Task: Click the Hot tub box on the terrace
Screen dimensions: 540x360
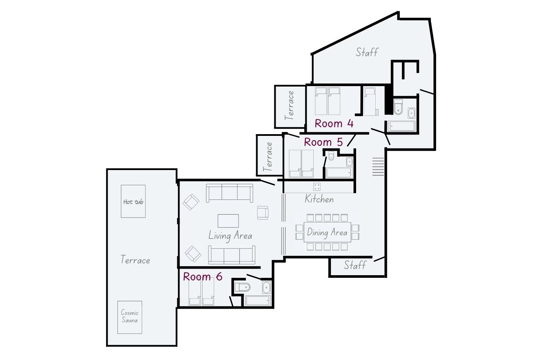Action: (x=133, y=201)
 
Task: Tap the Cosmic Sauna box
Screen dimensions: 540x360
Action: (x=130, y=317)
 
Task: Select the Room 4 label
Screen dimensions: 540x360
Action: (x=334, y=123)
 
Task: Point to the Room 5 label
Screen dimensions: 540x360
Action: (x=323, y=142)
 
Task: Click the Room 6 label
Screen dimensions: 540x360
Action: (x=203, y=276)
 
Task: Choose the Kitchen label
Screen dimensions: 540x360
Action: (x=319, y=199)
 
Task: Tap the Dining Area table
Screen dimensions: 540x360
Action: (x=327, y=232)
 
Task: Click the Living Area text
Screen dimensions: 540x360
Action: (x=230, y=235)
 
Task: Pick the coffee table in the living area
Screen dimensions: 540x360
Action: (x=228, y=221)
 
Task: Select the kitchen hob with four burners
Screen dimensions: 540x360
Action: (x=317, y=186)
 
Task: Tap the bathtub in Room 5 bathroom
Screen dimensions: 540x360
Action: (x=339, y=173)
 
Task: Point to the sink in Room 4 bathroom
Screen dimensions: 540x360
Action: (x=411, y=113)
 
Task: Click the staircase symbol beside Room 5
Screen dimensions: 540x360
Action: (x=378, y=167)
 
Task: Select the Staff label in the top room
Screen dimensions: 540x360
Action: (x=366, y=52)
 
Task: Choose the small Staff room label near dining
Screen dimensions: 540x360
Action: (x=355, y=265)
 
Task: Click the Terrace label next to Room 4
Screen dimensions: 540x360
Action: (x=289, y=106)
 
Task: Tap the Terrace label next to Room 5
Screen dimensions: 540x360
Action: (x=268, y=157)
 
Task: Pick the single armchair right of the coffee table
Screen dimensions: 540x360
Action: (x=263, y=213)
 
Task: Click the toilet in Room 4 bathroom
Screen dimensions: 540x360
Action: (x=398, y=106)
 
